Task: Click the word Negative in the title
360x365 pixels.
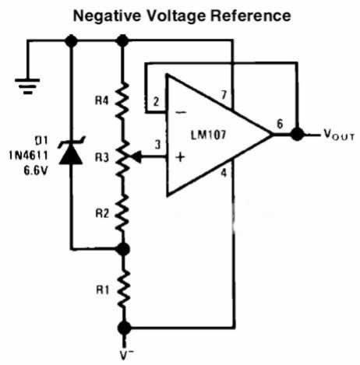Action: point(107,16)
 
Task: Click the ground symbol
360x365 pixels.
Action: point(27,86)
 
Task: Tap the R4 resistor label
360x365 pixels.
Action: point(101,100)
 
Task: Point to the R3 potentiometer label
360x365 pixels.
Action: point(101,157)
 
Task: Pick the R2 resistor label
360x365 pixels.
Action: point(102,213)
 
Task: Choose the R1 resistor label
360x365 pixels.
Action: point(103,290)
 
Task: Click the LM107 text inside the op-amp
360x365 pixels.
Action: point(209,135)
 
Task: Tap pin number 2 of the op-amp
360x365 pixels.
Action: point(156,102)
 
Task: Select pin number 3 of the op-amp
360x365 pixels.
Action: point(157,145)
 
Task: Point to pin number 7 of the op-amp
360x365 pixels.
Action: point(224,95)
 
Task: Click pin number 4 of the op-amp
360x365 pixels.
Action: point(224,173)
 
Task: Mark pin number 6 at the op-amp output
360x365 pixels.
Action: point(280,124)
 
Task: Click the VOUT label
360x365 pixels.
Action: point(339,135)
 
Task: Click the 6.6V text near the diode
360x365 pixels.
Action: point(36,170)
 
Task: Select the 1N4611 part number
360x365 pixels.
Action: point(29,156)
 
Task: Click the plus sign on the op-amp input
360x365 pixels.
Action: point(180,157)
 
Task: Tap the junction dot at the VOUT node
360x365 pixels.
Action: point(298,135)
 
